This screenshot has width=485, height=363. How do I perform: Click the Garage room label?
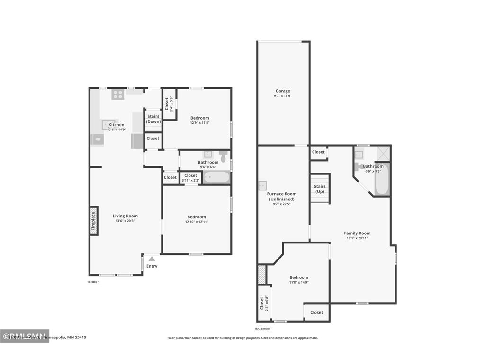283,91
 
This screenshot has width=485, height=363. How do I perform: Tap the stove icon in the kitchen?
117,95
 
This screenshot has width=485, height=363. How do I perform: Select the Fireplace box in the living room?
94,220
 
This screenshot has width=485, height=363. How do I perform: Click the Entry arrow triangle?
152,259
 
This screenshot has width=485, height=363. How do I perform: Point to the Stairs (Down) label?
153,119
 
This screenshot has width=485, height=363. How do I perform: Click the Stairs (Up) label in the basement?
320,189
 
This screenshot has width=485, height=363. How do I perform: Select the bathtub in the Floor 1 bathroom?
216,178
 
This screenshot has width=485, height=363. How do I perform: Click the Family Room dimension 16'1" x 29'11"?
357,238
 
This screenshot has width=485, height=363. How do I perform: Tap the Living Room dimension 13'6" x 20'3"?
125,221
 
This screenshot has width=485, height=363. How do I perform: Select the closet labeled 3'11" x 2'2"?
190,178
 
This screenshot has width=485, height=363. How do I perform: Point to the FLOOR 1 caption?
93,282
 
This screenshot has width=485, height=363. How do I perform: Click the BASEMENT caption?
263,329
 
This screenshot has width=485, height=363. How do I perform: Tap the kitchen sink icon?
106,124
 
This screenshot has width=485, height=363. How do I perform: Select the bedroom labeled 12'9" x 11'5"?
199,120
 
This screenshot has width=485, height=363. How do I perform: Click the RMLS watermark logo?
25,336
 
